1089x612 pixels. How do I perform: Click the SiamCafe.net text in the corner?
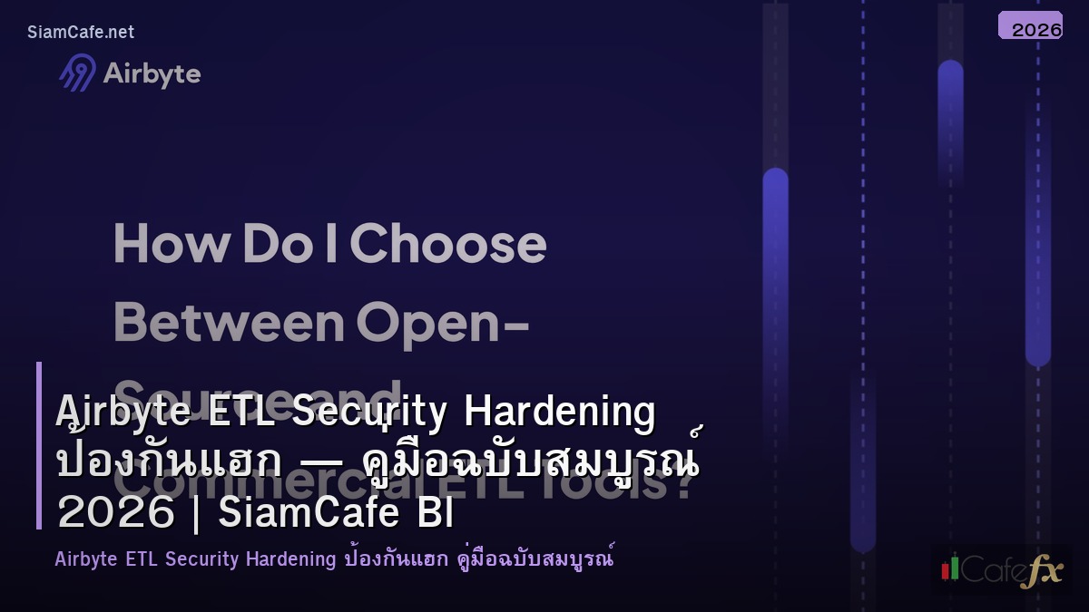coord(81,33)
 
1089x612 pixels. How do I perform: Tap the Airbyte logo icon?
coord(77,73)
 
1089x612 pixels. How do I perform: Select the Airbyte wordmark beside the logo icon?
coord(152,73)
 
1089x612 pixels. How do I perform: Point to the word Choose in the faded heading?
coord(448,244)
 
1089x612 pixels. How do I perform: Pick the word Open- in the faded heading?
coord(443,322)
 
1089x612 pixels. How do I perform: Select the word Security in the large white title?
coord(369,412)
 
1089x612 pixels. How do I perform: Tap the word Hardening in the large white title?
coord(559,412)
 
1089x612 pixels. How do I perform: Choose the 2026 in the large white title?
coord(115,513)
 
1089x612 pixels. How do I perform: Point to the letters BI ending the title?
coord(437,513)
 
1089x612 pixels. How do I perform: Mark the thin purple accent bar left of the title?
coord(39,445)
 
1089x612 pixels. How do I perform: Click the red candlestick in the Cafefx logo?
coord(946,569)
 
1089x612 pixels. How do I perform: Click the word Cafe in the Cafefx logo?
coord(990,570)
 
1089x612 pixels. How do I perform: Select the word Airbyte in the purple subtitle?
coord(86,559)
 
